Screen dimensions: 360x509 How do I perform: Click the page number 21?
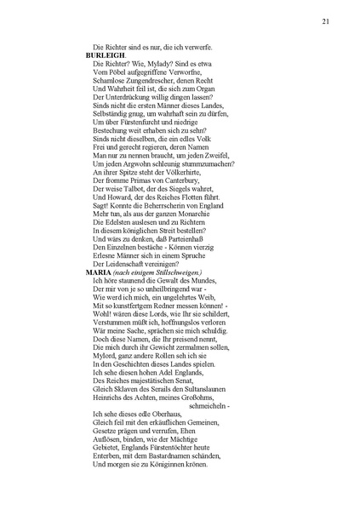(x=327, y=21)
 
